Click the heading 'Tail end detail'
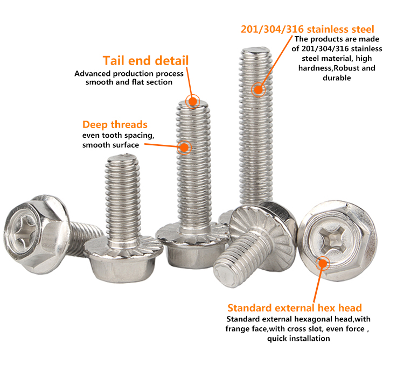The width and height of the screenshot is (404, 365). point(146,61)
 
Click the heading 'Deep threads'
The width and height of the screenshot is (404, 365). point(115,125)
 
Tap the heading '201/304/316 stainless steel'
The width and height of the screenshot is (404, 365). point(308,29)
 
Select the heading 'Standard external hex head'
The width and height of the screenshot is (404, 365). point(295,308)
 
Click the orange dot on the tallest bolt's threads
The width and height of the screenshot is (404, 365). point(258,90)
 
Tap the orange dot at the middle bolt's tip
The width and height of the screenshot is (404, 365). point(192,101)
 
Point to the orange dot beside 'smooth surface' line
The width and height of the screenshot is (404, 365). point(184,148)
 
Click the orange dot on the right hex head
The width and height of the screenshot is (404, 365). point(323,263)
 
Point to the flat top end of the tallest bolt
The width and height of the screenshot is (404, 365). point(255,50)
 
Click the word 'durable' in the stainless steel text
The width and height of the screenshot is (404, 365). point(337,78)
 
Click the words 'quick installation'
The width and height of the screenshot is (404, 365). point(298,339)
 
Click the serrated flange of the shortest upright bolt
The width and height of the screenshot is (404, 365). point(124,247)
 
